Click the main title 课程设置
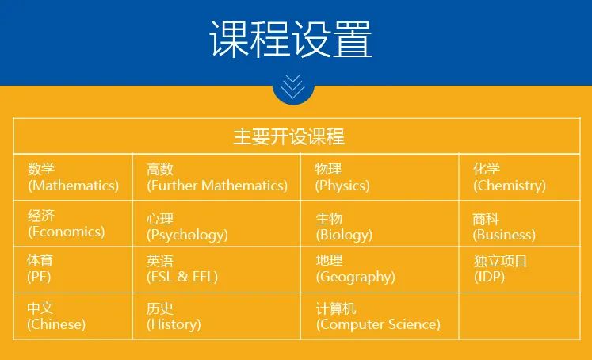coord(291,39)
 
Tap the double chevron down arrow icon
coord(293,86)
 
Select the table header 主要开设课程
coord(288,136)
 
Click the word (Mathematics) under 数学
coord(74,186)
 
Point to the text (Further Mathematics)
coord(217,186)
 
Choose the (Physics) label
coord(342,186)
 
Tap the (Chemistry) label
coord(510,186)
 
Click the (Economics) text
coord(66,232)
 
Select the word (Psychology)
coord(187,235)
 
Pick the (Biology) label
coord(344,235)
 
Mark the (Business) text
coord(504,235)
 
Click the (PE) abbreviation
coord(39,277)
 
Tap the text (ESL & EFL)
coord(182,277)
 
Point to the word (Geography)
coord(356,278)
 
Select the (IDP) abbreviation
coord(489,277)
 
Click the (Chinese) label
coord(56,324)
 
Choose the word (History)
coord(174,324)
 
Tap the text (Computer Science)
coord(378,324)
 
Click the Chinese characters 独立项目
coord(500,261)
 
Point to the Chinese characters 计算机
coord(336,308)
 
